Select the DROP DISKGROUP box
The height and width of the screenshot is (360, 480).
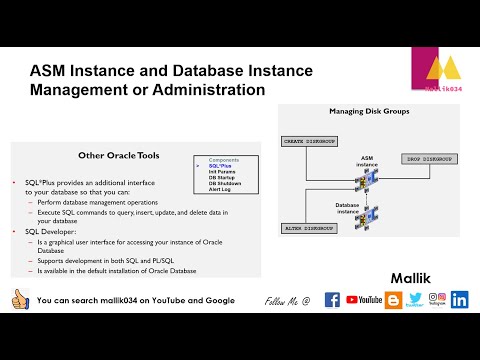[x=432, y=160]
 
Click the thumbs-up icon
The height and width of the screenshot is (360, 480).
[x=18, y=299]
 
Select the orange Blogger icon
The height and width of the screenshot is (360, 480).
[x=393, y=299]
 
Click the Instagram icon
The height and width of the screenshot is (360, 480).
[x=436, y=297]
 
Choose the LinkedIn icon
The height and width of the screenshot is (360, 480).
[x=460, y=299]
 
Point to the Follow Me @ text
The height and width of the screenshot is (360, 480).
[x=287, y=300]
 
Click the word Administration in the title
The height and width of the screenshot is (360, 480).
[x=210, y=89]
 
